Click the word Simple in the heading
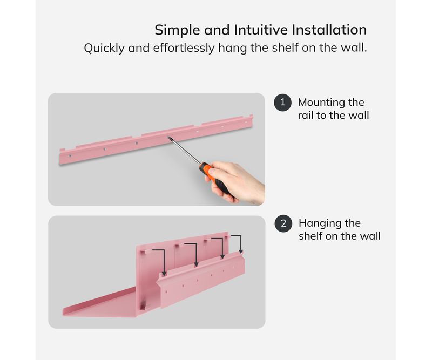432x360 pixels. pyautogui.click(x=178, y=30)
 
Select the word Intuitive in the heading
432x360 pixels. pyautogui.click(x=260, y=30)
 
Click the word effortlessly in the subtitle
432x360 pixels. pyautogui.click(x=184, y=48)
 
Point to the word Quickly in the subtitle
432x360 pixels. pyautogui.click(x=104, y=48)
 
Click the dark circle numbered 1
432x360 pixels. pyautogui.click(x=282, y=103)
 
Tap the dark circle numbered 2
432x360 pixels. pyautogui.click(x=283, y=223)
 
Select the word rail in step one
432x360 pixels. pyautogui.click(x=306, y=116)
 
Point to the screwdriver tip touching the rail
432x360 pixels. pyautogui.click(x=168, y=138)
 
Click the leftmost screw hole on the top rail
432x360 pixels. pyautogui.click(x=70, y=156)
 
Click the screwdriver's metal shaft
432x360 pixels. pyautogui.click(x=184, y=151)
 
